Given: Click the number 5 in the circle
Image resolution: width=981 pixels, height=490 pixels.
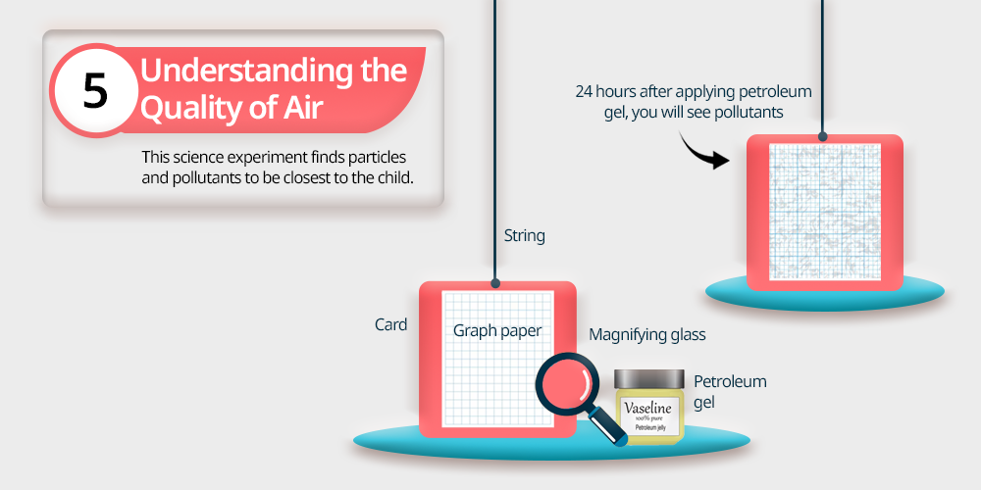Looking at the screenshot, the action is [x=95, y=91].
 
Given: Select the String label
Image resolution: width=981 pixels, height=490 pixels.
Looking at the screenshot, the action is [x=524, y=236].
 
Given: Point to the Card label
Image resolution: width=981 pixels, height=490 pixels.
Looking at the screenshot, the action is [x=391, y=325].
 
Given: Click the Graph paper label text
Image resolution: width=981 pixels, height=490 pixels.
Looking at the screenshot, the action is [x=497, y=330].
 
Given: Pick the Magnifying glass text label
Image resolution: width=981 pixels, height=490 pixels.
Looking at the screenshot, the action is [x=646, y=335].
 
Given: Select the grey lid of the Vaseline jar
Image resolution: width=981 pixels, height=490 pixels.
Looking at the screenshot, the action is [x=648, y=378].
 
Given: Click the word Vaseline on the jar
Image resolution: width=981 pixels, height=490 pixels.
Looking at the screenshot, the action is [x=648, y=409].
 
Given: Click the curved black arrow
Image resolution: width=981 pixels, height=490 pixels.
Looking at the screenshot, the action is [x=703, y=151].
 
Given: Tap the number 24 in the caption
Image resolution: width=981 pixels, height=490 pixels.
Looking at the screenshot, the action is [x=584, y=92].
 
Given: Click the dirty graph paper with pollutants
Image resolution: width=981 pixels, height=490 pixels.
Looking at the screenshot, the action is [x=825, y=212].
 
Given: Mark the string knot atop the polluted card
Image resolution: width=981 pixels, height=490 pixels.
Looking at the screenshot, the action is [x=823, y=137].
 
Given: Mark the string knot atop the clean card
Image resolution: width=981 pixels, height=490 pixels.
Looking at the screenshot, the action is [x=494, y=284].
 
